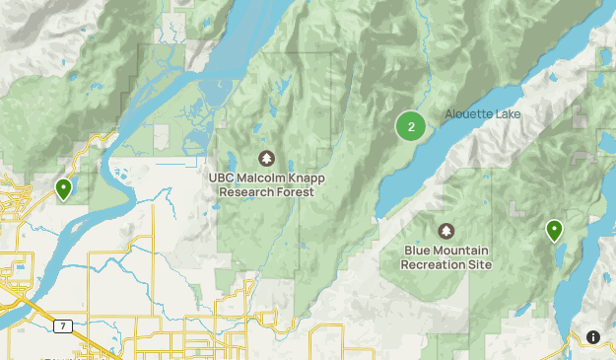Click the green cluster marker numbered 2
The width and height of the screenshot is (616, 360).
tap(411, 126)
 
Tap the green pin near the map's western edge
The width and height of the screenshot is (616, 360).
tap(64, 187)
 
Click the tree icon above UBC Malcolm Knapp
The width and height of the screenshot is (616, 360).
tap(265, 158)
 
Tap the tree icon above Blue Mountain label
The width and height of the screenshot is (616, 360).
tap(446, 231)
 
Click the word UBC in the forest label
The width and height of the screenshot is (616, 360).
tap(222, 179)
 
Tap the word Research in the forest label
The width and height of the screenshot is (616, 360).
tap(247, 192)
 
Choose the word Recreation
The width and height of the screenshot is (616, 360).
tap(435, 264)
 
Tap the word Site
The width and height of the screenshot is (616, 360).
tap(480, 264)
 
